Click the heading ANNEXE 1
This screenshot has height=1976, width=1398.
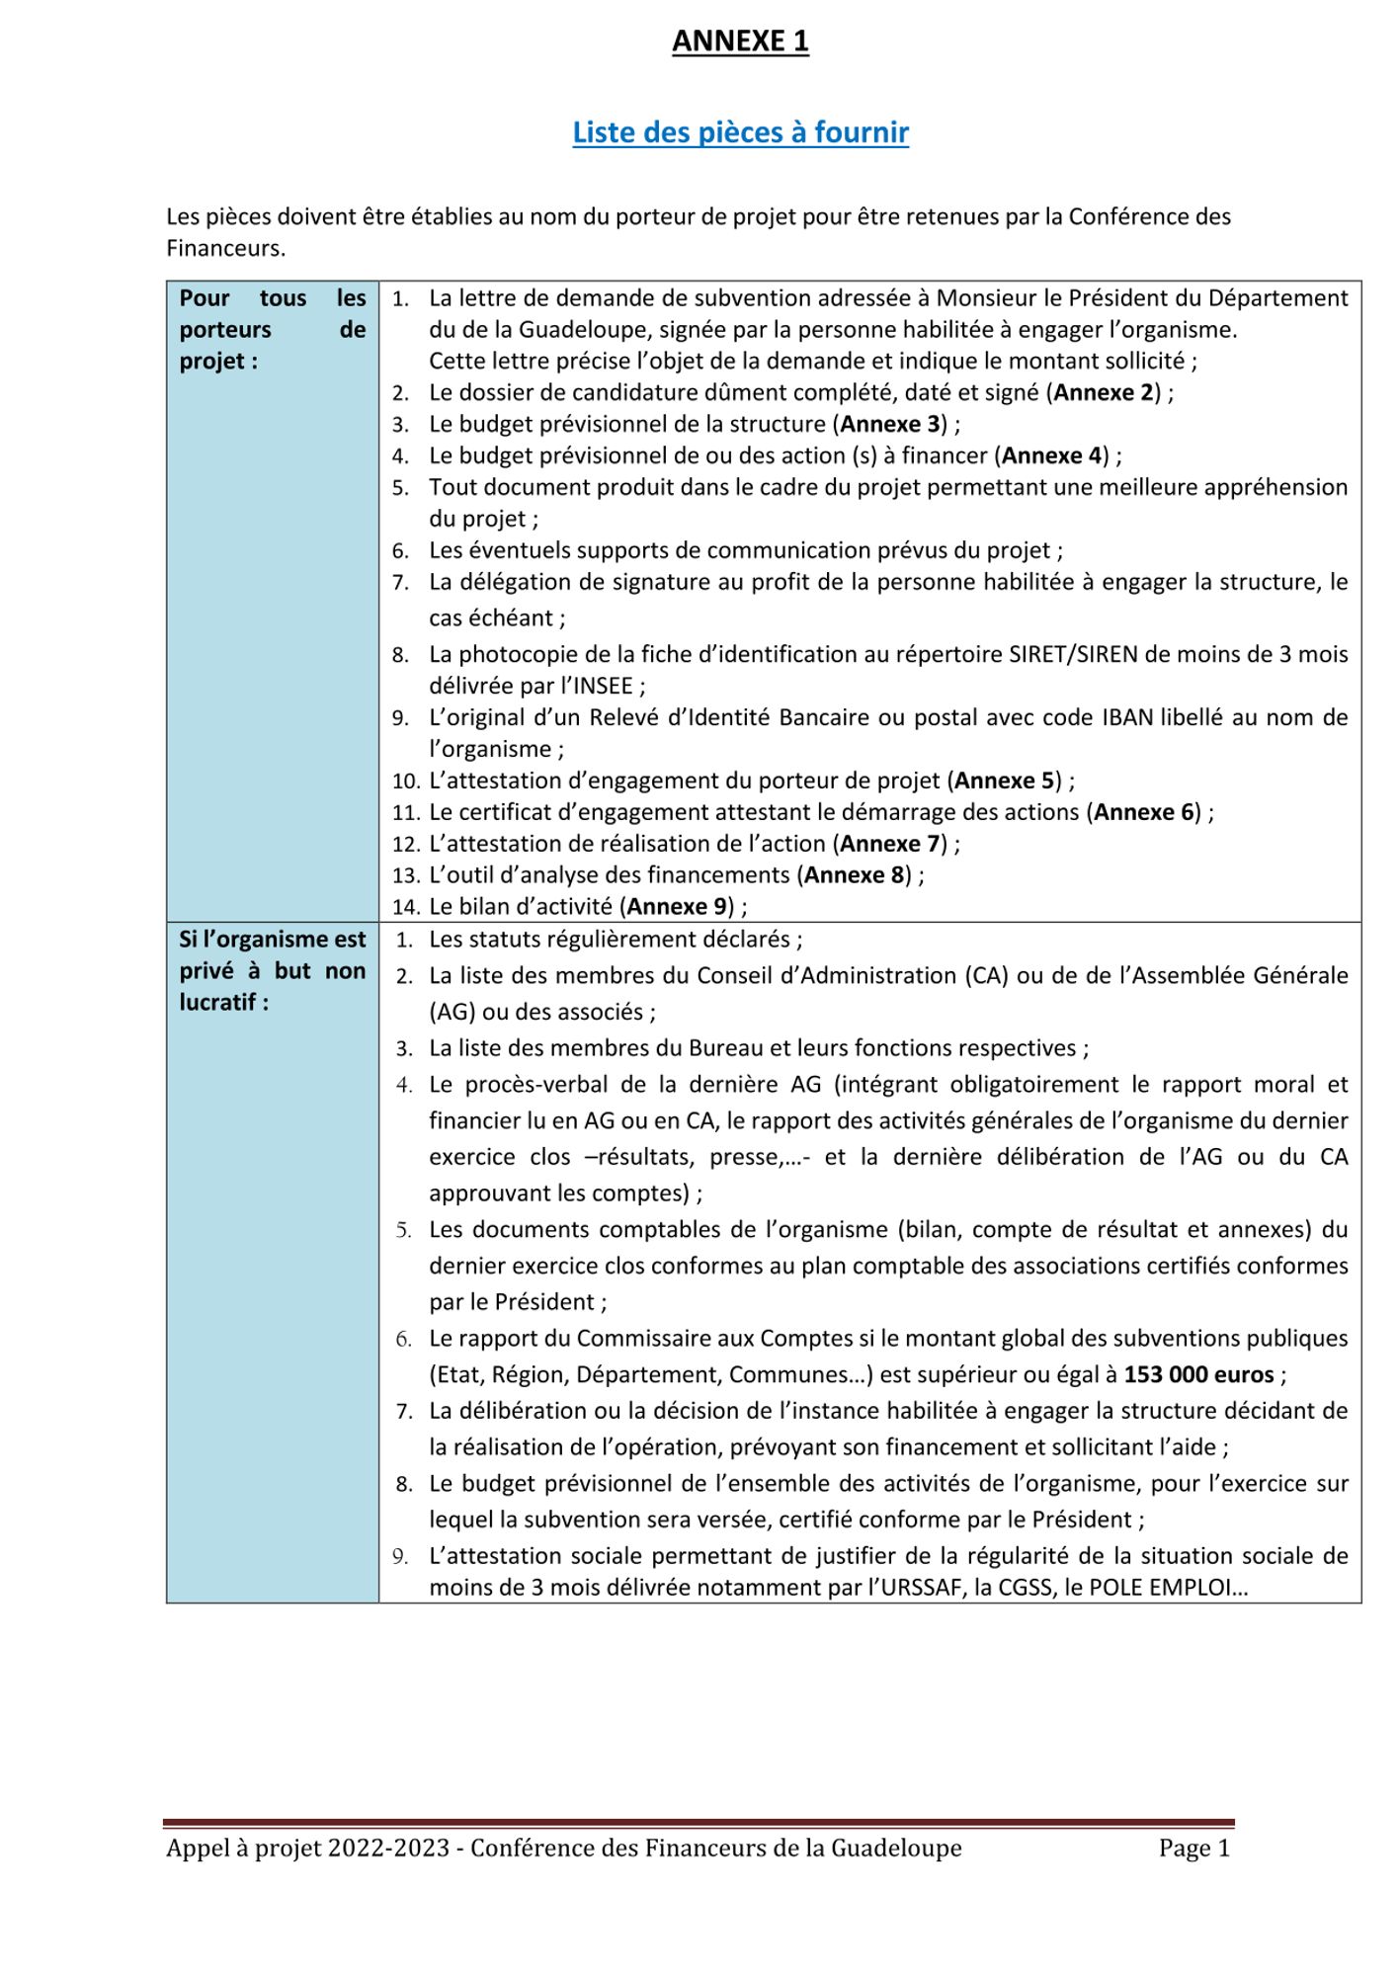(x=740, y=41)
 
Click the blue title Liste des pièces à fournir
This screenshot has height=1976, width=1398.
(x=740, y=132)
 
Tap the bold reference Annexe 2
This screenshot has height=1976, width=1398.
(x=1103, y=392)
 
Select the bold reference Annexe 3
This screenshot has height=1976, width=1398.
(x=889, y=424)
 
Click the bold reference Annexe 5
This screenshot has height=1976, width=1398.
(x=1005, y=781)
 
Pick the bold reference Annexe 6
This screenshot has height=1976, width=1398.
(x=1144, y=812)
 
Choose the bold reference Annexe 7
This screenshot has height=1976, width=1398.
(x=889, y=844)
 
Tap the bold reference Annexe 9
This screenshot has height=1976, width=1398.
(x=677, y=907)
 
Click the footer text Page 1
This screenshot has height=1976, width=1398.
(x=1194, y=1848)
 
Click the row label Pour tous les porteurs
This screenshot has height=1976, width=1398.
(x=272, y=329)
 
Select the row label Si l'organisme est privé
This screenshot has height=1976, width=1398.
(x=272, y=970)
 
